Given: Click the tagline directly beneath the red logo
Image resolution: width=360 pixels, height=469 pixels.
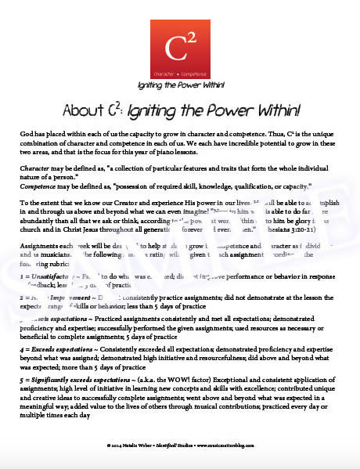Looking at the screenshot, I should (179, 83).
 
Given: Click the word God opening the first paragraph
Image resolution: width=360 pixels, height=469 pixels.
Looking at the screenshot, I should (27, 135).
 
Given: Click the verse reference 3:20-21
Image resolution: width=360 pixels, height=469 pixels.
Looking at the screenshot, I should (324, 228).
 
